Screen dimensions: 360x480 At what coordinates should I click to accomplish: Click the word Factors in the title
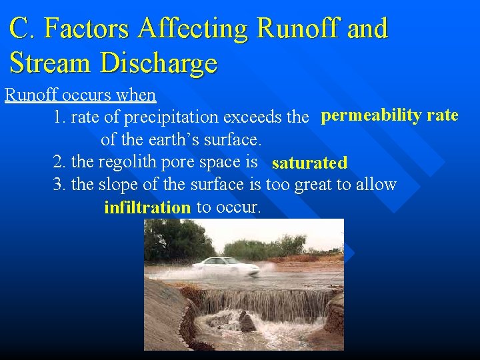pyautogui.click(x=91, y=29)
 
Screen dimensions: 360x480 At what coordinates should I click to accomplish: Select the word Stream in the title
pyautogui.click(x=51, y=63)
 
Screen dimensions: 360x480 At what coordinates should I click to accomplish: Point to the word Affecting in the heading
pyautogui.click(x=193, y=29)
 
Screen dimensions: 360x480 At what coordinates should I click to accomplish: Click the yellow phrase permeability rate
pyautogui.click(x=389, y=116)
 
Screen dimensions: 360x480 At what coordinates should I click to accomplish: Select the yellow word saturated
pyautogui.click(x=309, y=163)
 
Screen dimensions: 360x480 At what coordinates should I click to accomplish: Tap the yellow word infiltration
pyautogui.click(x=147, y=207)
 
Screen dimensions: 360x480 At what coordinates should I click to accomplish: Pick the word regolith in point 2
pyautogui.click(x=126, y=162)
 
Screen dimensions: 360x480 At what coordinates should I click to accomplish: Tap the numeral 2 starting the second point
pyautogui.click(x=57, y=162)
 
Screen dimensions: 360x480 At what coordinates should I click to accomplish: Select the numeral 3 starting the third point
pyautogui.click(x=57, y=184)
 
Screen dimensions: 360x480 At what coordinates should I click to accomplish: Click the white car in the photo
pyautogui.click(x=225, y=267)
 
